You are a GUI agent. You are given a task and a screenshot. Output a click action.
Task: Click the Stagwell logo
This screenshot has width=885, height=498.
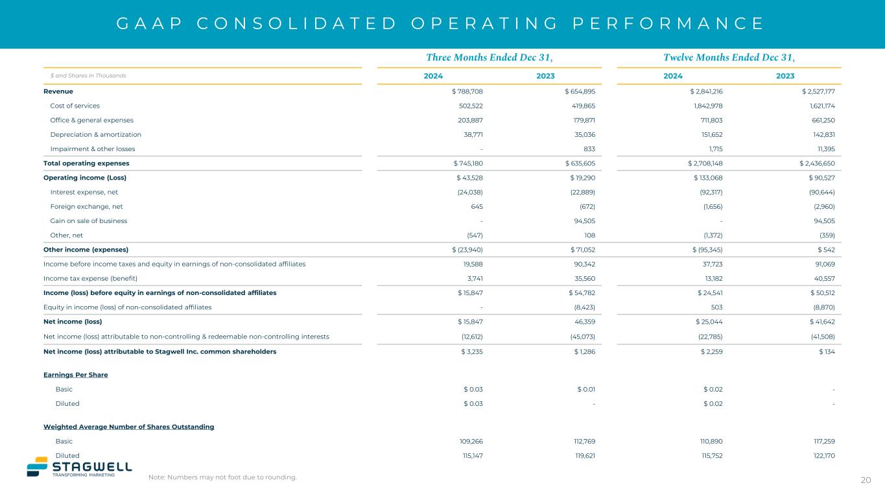tap(79, 468)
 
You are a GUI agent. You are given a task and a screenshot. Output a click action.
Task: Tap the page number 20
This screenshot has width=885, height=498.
tap(866, 480)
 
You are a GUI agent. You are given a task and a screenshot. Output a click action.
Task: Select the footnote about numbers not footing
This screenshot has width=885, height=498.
tap(222, 478)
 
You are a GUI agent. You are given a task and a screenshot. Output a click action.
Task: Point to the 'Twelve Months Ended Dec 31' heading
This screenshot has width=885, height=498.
tap(729, 57)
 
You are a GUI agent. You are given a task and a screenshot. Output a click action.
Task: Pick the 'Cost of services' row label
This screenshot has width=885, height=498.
tap(75, 106)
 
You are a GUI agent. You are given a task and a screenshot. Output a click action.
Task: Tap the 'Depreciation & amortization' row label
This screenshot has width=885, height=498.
tap(95, 134)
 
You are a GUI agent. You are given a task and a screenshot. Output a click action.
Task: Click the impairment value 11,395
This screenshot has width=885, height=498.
tap(821, 148)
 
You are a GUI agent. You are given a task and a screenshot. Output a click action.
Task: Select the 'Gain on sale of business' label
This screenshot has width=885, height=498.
tap(88, 220)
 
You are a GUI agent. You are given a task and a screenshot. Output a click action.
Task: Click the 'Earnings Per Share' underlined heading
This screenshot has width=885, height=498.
tap(75, 375)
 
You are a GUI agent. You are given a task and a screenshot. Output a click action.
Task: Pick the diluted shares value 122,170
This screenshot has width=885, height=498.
tap(821, 456)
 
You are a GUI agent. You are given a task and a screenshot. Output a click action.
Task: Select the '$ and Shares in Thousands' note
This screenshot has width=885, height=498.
tap(88, 76)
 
